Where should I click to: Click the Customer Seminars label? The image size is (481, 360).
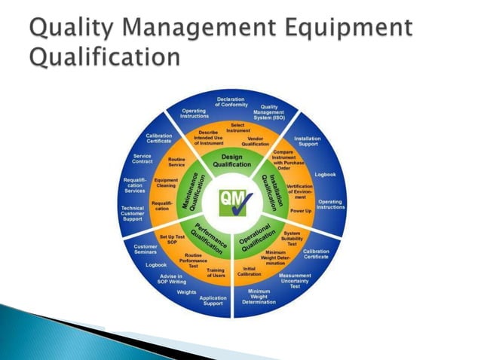[x=146, y=249]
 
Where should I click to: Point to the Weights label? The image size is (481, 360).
[x=186, y=291]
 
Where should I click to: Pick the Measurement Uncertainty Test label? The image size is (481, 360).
[x=295, y=280]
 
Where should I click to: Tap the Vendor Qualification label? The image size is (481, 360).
[x=256, y=141]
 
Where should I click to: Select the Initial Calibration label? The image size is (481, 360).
[x=249, y=271]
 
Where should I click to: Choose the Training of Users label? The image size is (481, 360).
[x=216, y=273]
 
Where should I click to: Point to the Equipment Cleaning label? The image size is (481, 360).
[x=165, y=183]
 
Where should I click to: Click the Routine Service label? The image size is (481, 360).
[x=177, y=162]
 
